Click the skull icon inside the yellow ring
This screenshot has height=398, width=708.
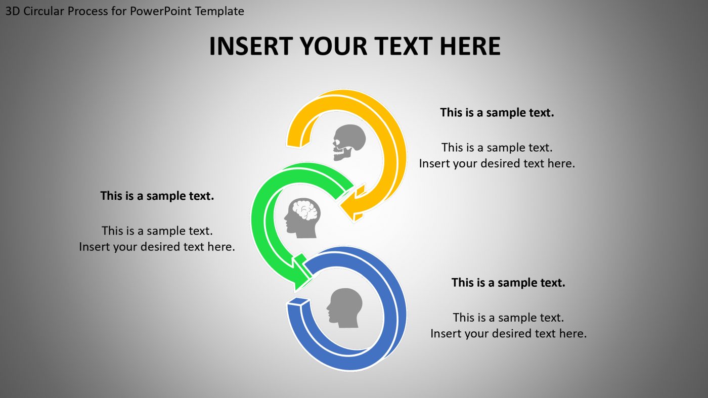(349, 142)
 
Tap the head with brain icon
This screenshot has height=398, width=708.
(302, 217)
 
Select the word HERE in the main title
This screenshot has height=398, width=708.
(470, 46)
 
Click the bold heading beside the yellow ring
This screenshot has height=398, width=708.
(497, 112)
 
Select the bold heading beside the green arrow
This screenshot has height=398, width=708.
(157, 196)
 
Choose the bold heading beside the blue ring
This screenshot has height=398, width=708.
(508, 282)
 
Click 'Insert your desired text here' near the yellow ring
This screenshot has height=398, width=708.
(497, 163)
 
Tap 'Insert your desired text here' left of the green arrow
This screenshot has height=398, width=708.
(157, 247)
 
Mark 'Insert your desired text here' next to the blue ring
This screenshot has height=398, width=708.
(508, 333)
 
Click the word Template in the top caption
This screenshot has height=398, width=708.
(219, 11)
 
